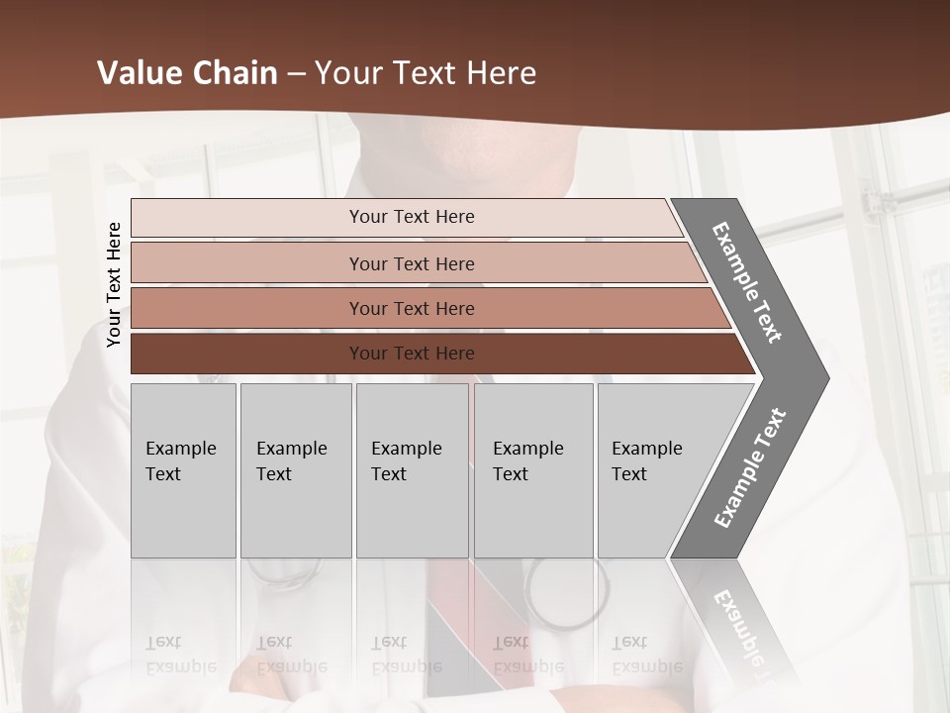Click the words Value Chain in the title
click(187, 73)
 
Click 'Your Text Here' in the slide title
click(426, 73)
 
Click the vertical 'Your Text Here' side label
click(114, 285)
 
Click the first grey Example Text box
click(183, 470)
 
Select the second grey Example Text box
click(296, 470)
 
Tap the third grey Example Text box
click(412, 470)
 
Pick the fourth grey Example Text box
click(533, 470)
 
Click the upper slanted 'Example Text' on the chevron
click(747, 282)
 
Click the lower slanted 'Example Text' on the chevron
click(749, 468)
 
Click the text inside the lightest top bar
click(412, 217)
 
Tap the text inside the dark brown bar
click(412, 354)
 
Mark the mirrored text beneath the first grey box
click(180, 655)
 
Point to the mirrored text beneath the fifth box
click(646, 655)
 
